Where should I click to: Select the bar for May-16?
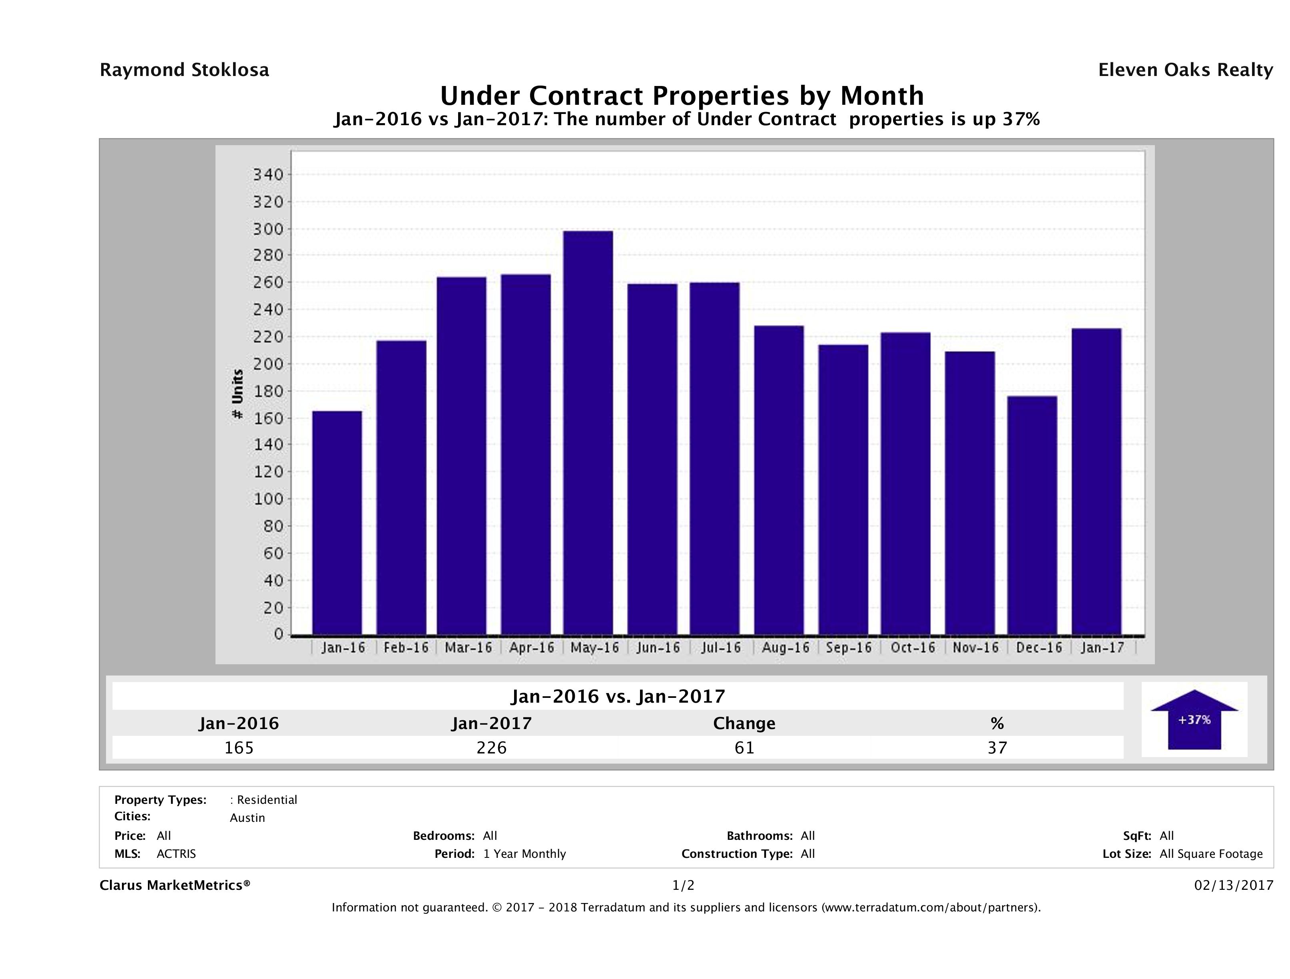(588, 432)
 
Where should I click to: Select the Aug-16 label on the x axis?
(785, 647)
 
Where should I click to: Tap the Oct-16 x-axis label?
(912, 647)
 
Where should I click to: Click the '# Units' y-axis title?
(237, 394)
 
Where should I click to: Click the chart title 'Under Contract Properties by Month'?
(681, 96)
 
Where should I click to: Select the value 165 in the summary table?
(239, 747)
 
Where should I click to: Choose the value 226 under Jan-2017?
(492, 747)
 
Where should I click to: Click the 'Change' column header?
(744, 723)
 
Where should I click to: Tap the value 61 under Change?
(745, 747)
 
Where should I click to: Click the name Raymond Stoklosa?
(184, 70)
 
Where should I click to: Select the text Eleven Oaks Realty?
(1185, 70)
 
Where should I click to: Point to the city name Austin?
(247, 818)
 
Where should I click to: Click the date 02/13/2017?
(1233, 886)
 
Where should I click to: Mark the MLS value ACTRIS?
(176, 854)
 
